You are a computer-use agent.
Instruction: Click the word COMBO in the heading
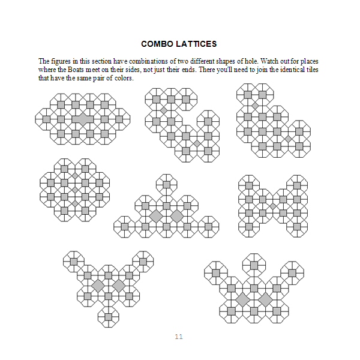coord(155,44)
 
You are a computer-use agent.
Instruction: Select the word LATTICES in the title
coord(194,44)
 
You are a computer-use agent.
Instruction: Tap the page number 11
coord(179,337)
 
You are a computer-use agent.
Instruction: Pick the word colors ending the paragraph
coord(121,78)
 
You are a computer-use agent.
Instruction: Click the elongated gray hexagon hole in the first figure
coord(82,119)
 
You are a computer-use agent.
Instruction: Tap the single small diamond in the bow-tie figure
coord(273,206)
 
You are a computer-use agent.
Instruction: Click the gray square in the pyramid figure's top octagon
coord(167,183)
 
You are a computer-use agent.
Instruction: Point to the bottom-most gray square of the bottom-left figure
coord(108,316)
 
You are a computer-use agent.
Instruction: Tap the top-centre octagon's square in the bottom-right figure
coord(254,264)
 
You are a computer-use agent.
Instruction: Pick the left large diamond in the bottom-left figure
coord(97,285)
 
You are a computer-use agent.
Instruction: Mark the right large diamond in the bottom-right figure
coord(265,299)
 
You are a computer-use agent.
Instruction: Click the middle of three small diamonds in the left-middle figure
coord(74,190)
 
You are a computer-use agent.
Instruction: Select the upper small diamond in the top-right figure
coord(255,106)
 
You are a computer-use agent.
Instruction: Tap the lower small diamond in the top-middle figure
coord(196,143)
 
